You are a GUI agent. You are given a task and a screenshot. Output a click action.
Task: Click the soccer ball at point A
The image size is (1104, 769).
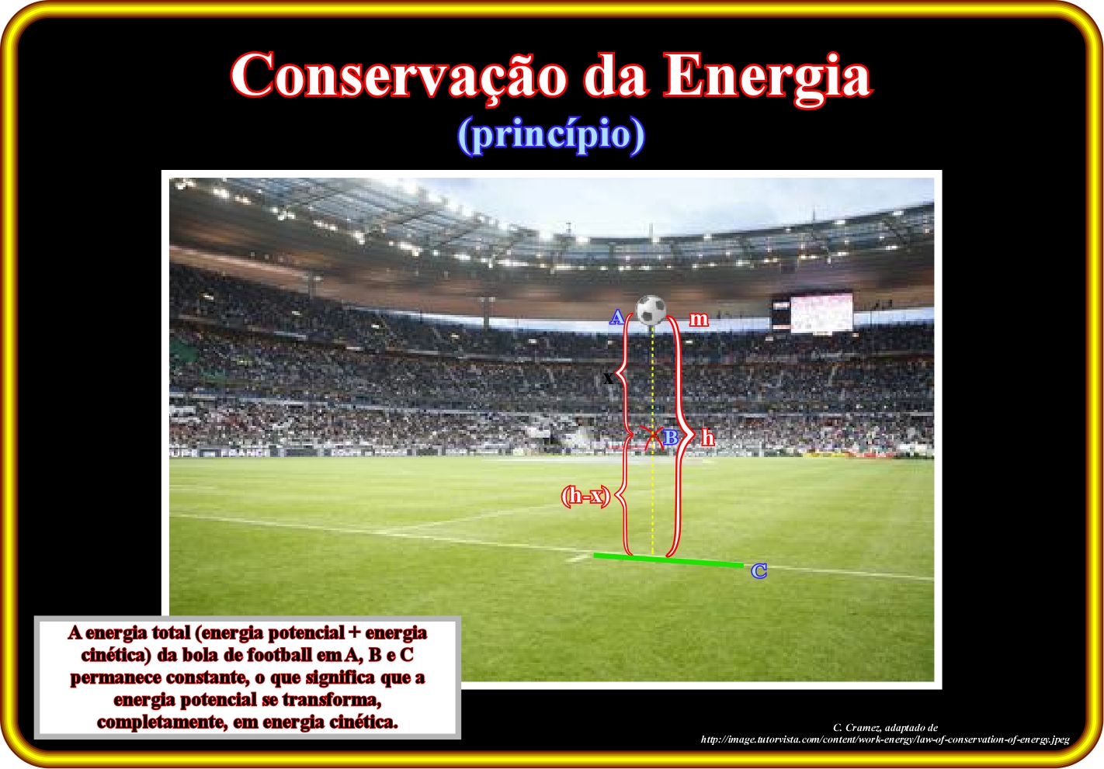(x=651, y=310)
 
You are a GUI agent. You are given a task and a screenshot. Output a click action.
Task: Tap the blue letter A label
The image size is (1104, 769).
(x=616, y=317)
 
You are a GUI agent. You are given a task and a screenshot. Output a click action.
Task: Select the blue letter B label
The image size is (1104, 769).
(x=671, y=438)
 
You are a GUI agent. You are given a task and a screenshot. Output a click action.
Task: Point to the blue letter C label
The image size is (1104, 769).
(x=759, y=571)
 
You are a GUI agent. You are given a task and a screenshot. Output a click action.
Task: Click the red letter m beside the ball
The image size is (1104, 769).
(x=699, y=320)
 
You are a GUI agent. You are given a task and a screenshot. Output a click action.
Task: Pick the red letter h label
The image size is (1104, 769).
(x=708, y=438)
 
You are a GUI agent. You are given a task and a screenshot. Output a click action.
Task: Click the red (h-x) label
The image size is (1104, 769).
(x=586, y=496)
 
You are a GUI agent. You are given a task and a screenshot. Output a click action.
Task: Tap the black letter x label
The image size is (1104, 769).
(x=608, y=379)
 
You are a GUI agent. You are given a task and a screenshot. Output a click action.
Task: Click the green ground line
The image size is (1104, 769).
(x=668, y=560)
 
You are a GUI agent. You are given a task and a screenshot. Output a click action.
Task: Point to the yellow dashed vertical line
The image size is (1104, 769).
(x=653, y=439)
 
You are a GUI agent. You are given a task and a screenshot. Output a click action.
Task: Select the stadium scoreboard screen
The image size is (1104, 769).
(x=821, y=313)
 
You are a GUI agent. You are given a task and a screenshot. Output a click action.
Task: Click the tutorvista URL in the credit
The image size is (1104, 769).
(x=885, y=740)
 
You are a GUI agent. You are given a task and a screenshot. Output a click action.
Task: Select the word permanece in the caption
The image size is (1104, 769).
(x=116, y=678)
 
